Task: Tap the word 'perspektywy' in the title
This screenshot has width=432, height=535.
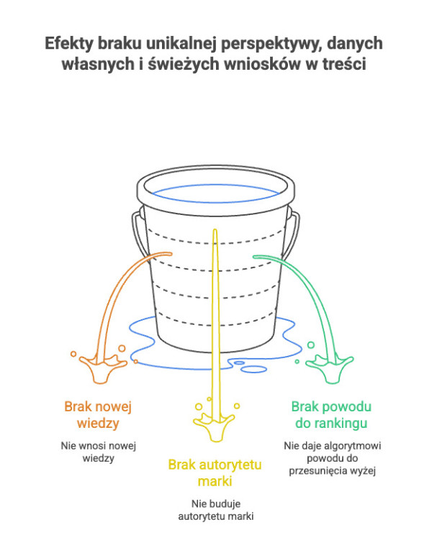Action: tap(276, 43)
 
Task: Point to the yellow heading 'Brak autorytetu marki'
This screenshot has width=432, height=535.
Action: tap(215, 472)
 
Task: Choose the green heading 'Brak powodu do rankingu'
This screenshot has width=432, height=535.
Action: tap(331, 414)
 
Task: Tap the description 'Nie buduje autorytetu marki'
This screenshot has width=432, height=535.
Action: tap(215, 509)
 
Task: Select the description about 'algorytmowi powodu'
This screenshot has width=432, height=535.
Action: tap(332, 458)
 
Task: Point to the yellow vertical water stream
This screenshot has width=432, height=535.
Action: tap(214, 324)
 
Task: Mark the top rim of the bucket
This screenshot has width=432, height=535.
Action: tap(215, 173)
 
